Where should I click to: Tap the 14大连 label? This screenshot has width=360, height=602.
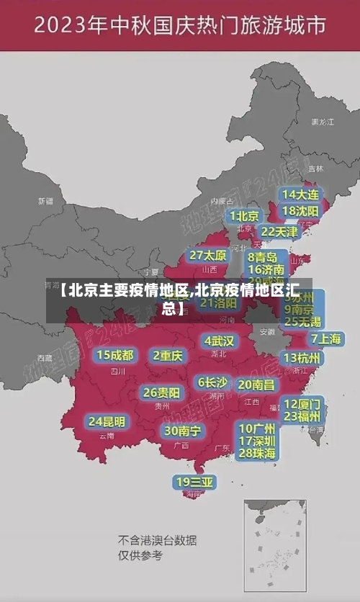pos(300,194)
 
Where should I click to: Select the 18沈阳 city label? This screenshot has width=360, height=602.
pos(300,211)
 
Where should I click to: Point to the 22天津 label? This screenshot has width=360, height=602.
pos(279,232)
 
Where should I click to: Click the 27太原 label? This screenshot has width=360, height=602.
pos(208,256)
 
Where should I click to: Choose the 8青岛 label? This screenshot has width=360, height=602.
pos(263,257)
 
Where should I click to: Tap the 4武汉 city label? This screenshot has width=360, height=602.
pos(219,341)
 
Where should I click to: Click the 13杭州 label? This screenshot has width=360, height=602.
pos(303,358)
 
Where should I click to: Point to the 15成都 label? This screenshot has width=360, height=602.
pos(115,355)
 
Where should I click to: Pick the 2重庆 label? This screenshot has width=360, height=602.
pos(168,356)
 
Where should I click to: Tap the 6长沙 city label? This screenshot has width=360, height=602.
pos(212,382)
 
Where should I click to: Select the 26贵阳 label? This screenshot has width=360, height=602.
pos(161,392)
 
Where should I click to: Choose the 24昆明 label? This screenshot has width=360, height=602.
pos(107,421)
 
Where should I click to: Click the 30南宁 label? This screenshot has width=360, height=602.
pos(182,431)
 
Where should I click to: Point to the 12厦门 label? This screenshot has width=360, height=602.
pos(302,403)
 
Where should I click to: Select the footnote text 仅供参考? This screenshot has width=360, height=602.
pos(140,555)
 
